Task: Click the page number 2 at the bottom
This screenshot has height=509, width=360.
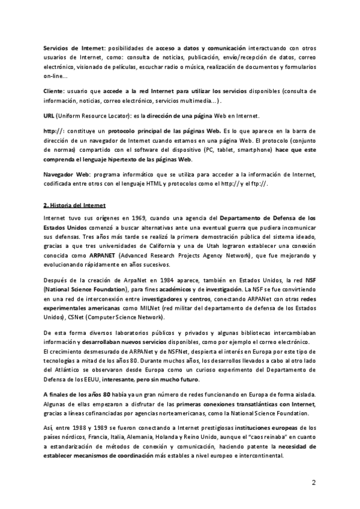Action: click(313, 483)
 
